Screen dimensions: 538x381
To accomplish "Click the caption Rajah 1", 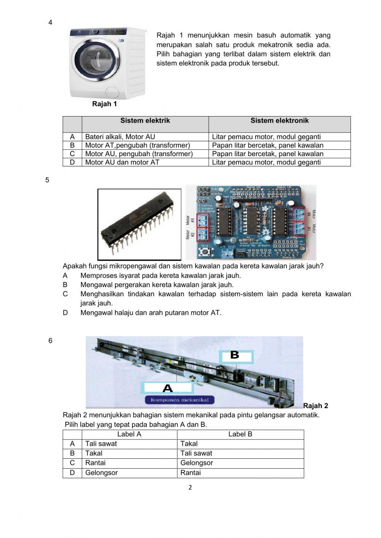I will tap(104, 104).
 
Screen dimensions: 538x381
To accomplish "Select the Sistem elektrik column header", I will tap(145, 121).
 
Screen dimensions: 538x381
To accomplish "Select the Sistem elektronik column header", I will tap(279, 121).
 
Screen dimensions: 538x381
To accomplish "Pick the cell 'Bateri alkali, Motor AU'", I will tap(120, 137).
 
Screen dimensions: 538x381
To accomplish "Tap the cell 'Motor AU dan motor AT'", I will tap(122, 162).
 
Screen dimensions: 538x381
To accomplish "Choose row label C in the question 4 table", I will tap(72, 154).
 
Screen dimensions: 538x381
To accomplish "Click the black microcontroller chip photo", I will tap(139, 225).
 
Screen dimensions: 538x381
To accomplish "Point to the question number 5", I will tap(47, 180).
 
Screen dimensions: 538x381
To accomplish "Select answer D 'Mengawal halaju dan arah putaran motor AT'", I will tap(150, 313).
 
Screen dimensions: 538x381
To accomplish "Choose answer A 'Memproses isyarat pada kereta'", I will tap(160, 275).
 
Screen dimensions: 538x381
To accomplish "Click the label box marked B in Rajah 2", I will tap(236, 356).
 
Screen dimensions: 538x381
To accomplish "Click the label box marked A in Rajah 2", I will tap(168, 388).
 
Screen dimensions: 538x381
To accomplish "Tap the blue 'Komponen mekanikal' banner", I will tap(179, 400).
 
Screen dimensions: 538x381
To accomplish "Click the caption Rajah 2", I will tap(315, 406).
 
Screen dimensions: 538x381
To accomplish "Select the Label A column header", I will tap(129, 434).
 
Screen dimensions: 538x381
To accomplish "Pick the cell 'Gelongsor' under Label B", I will tap(197, 463).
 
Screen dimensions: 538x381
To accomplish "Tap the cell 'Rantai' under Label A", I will tap(95, 463).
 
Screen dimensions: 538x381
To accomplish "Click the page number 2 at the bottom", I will tap(190, 487).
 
